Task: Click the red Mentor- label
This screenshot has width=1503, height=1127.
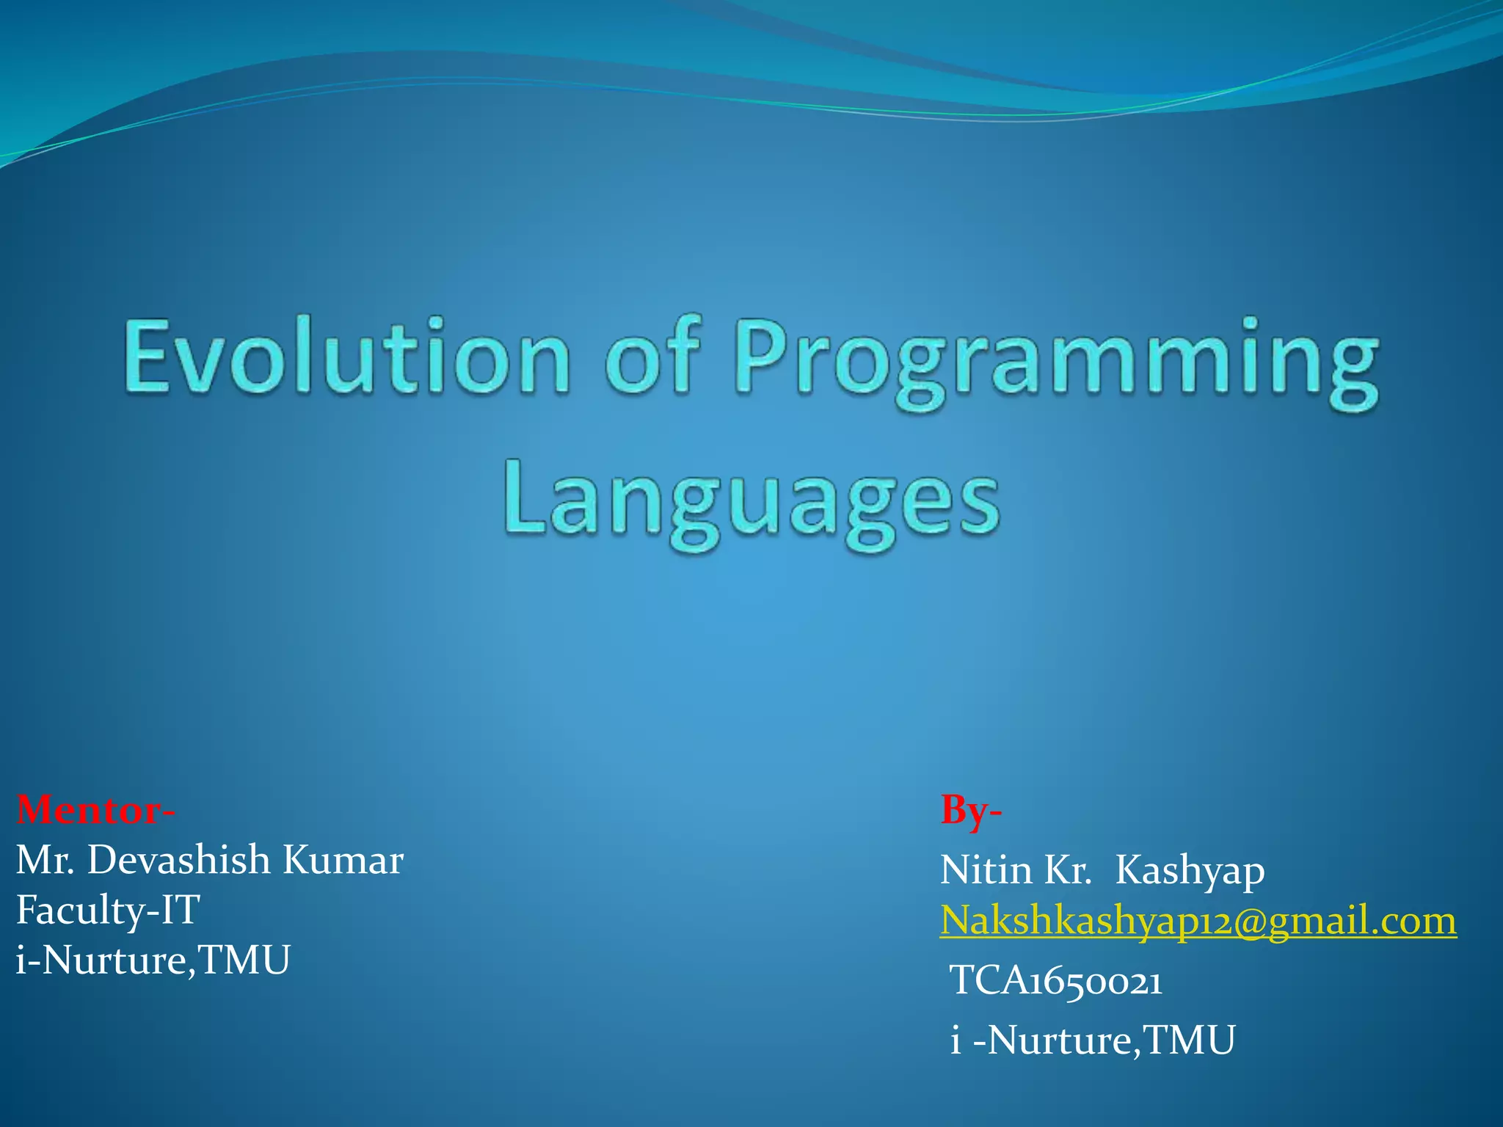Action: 95,810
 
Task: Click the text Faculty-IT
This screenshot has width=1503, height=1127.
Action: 108,911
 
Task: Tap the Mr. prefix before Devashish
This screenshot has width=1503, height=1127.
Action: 45,860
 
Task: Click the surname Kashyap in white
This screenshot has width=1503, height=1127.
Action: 1190,872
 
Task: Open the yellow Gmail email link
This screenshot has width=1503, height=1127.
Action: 1198,920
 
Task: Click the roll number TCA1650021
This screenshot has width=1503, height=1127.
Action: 1056,981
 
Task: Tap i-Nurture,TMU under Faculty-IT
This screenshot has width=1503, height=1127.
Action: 153,960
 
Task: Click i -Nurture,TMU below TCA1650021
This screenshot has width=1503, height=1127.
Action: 1093,1040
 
